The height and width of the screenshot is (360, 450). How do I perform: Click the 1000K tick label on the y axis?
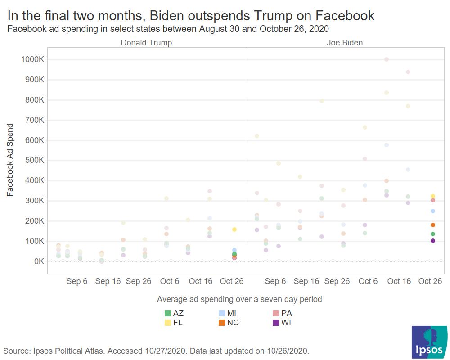31,59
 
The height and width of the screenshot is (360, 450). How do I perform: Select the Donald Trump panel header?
146,43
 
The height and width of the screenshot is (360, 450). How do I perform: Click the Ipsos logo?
429,342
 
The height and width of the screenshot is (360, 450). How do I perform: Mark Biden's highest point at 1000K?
386,59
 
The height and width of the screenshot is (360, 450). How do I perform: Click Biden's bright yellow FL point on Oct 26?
433,197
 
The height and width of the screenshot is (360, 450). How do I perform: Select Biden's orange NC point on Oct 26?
433,225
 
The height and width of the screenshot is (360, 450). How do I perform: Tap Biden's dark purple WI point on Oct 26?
433,241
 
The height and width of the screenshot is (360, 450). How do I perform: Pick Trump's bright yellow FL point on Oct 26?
234,229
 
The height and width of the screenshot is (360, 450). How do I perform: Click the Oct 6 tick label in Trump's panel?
170,281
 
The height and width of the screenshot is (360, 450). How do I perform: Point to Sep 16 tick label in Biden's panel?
306,281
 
